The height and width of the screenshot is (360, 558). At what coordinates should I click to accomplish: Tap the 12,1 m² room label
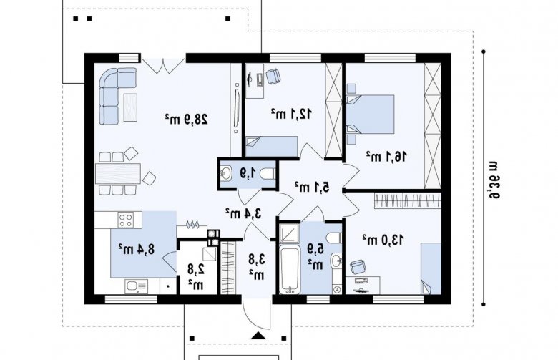click(291, 114)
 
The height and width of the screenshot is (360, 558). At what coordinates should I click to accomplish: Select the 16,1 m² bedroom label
click(386, 156)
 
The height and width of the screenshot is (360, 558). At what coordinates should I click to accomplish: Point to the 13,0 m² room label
click(383, 240)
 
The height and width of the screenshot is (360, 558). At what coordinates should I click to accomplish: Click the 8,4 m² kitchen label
click(137, 248)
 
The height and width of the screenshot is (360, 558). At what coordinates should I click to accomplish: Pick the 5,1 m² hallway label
click(312, 187)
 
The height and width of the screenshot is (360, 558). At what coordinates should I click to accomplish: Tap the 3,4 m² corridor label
click(243, 213)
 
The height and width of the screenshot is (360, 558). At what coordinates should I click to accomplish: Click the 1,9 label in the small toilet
click(248, 173)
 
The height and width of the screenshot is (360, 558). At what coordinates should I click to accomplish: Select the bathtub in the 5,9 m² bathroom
click(289, 271)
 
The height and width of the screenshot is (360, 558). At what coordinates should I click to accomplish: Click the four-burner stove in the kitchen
click(127, 219)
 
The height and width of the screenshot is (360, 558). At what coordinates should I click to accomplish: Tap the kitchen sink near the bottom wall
click(137, 286)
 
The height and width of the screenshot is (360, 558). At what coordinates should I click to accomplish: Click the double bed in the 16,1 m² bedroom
click(370, 115)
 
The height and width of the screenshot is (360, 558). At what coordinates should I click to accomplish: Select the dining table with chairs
click(118, 173)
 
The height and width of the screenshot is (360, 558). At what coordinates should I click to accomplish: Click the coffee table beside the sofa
click(131, 107)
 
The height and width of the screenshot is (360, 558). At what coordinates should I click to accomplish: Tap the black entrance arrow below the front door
click(259, 336)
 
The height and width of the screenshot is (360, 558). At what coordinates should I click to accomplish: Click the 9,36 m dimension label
click(492, 180)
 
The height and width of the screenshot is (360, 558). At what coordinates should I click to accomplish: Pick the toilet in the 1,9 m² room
click(268, 174)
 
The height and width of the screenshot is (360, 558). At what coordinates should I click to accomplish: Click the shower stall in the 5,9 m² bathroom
click(289, 232)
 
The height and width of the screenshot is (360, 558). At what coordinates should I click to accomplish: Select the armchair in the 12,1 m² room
click(273, 75)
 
